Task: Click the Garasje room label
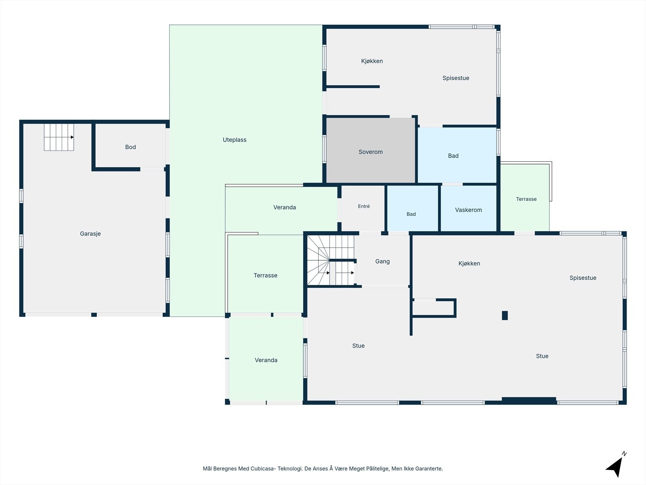pos(90,234)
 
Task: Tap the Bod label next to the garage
pos(130,147)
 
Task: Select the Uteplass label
pos(235,140)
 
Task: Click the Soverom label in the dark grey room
pos(371,152)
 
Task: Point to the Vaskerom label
pos(468,210)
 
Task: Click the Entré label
pos(364,207)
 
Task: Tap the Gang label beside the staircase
pos(382,261)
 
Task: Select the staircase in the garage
pos(59,137)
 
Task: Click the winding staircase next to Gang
pos(331,260)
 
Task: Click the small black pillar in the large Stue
pos(505,315)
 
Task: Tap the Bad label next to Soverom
pos(453,156)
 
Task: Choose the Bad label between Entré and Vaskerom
pos(411,214)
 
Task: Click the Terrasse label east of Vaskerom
pos(526,199)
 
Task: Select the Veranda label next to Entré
pos(285,207)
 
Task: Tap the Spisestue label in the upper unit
pos(456,78)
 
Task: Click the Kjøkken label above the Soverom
pos(372,61)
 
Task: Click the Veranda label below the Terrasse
pos(266,360)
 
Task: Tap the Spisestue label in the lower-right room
pos(583,278)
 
